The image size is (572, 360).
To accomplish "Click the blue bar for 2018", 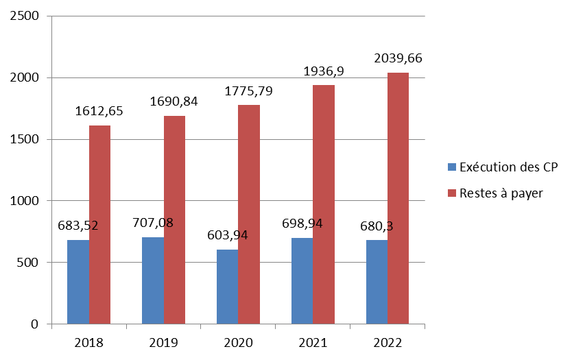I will coord(78,282).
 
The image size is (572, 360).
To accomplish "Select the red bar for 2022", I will coord(398,198).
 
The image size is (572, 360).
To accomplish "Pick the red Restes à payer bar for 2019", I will coord(174,220).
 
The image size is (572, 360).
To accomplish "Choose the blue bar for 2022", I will coord(377,282).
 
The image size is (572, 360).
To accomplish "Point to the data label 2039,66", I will coord(398,59).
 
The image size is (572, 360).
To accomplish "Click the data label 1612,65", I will coord(99,112).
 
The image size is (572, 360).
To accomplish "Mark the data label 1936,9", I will coord(324,71).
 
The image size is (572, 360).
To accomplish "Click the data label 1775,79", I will coord(249,91).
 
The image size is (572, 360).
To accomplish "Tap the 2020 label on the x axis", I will coord(238,341).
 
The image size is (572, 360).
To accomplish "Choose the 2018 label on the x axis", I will coord(88,341).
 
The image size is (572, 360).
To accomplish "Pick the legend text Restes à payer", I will coord(501,193).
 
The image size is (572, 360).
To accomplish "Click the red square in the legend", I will coord(451,193).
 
